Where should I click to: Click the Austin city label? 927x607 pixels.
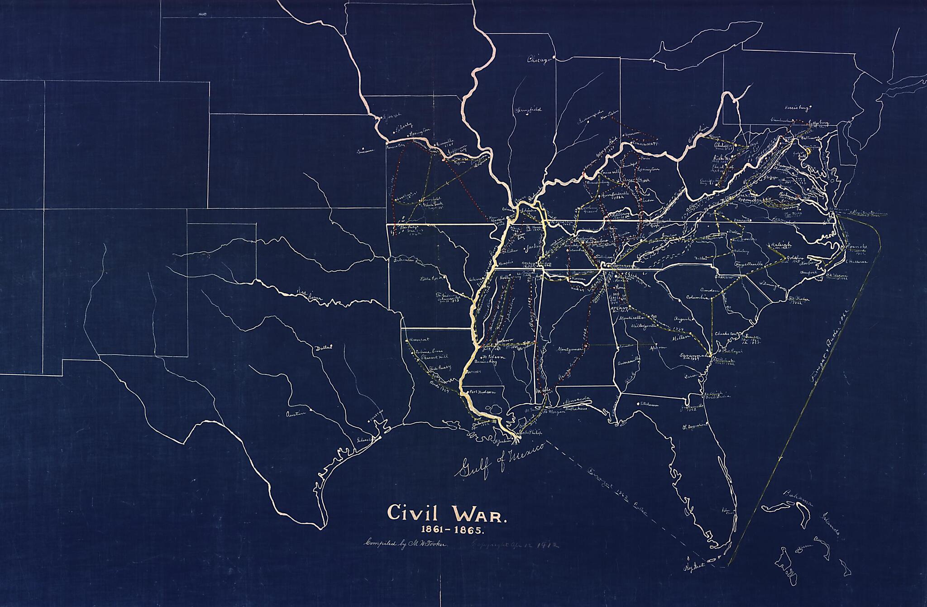point(296,414)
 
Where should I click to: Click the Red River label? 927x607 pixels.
point(308,294)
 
